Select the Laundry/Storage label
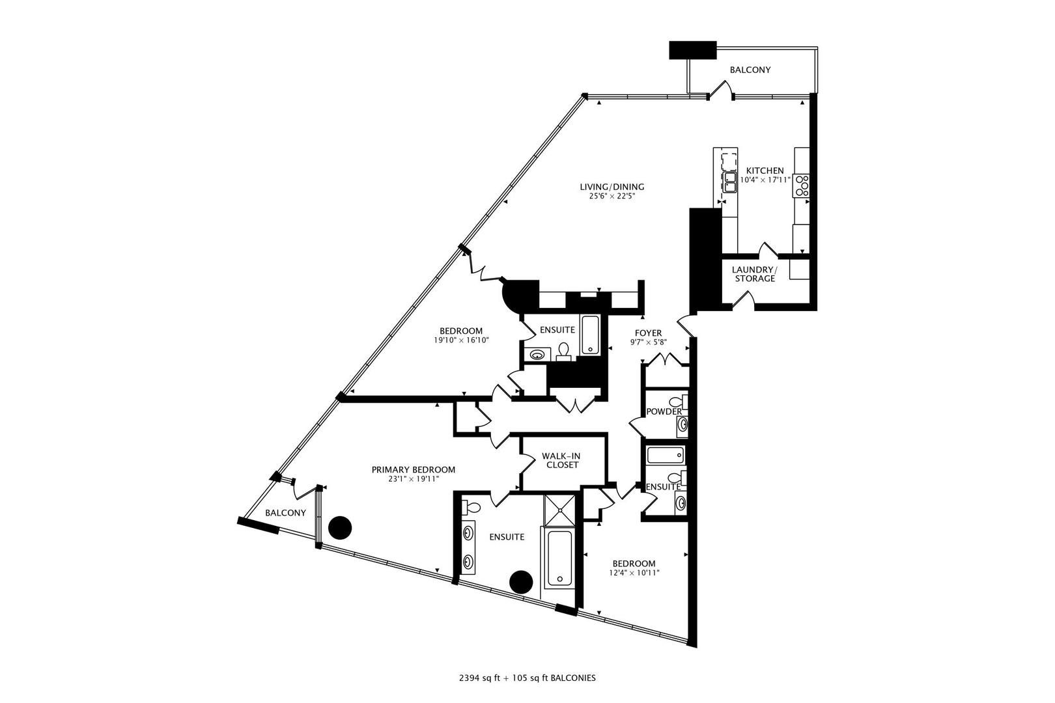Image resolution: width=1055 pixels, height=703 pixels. (x=755, y=274)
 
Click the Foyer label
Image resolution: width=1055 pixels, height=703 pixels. (x=648, y=333)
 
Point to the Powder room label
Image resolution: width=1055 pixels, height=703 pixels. (x=664, y=411)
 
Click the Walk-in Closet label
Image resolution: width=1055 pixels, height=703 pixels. (x=561, y=460)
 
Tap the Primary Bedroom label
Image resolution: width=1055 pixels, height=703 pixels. (x=413, y=469)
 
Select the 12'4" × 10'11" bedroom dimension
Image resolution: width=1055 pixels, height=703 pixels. (x=634, y=573)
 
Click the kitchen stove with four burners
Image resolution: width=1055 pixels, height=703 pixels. (x=801, y=186)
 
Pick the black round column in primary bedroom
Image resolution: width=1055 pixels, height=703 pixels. (x=339, y=528)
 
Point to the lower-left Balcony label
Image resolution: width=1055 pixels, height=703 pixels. (x=285, y=513)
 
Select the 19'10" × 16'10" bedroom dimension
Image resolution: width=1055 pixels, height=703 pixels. (x=461, y=340)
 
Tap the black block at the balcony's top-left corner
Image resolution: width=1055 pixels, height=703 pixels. (x=692, y=49)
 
